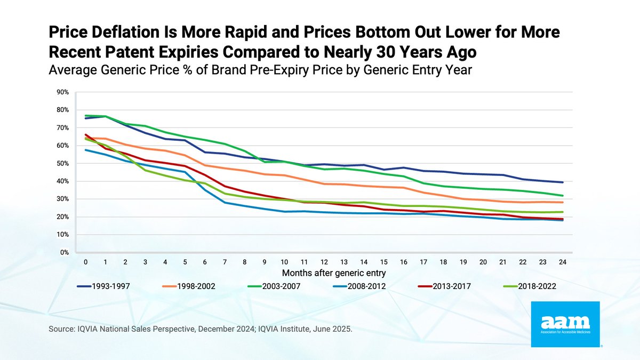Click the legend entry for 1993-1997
tap(103, 286)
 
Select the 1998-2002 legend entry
tap(189, 286)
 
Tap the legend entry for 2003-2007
tap(274, 286)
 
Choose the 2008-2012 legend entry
tap(359, 286)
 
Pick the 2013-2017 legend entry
tap(444, 286)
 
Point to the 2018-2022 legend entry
tap(530, 286)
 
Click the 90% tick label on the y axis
tap(63, 92)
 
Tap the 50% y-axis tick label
tap(63, 163)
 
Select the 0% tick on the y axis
tap(65, 253)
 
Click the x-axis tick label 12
tap(324, 262)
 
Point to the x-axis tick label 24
tap(562, 262)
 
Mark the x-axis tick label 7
tap(225, 262)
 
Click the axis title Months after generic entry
tap(334, 273)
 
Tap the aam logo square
tap(565, 324)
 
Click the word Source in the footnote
tap(61, 329)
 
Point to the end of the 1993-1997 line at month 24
tap(562, 182)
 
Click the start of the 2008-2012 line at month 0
tap(86, 150)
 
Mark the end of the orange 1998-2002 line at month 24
tap(562, 202)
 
